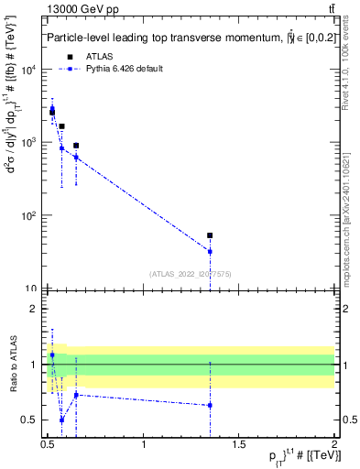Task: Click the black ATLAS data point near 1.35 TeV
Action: click(x=210, y=235)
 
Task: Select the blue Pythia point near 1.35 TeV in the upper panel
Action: click(x=210, y=251)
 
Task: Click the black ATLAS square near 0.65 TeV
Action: click(x=76, y=146)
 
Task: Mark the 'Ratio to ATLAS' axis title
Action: click(x=13, y=364)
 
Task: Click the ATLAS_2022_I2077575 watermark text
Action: click(x=190, y=273)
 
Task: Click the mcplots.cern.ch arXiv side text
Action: click(x=350, y=211)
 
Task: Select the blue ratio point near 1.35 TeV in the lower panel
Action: click(x=210, y=405)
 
